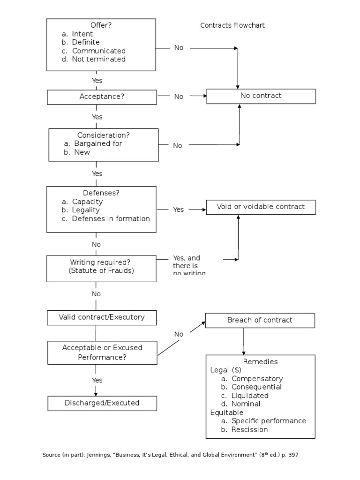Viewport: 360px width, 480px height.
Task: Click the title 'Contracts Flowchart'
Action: coord(232,25)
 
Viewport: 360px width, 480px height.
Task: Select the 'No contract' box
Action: coord(261,96)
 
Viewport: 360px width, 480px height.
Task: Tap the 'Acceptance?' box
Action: coord(102,97)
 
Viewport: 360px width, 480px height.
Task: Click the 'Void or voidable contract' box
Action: coord(261,207)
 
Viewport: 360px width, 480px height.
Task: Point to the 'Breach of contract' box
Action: coord(260,320)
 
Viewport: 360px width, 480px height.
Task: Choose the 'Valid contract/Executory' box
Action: coord(102,317)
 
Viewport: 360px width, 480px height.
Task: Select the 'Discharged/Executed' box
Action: coord(102,403)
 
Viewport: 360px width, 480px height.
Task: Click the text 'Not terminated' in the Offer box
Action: coord(99,59)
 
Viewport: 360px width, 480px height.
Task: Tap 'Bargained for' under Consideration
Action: coord(98,143)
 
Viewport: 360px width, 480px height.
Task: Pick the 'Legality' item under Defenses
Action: coord(86,210)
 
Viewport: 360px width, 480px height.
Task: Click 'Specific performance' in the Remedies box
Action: coord(269,421)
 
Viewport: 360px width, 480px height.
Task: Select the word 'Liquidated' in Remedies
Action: coord(250,395)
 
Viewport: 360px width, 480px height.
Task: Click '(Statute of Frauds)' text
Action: coord(102,271)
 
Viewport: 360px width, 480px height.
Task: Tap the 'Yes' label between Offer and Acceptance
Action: coord(97,81)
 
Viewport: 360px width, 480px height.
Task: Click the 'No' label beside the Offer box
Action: coord(179,48)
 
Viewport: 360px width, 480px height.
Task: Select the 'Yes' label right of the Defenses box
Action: coord(179,210)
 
